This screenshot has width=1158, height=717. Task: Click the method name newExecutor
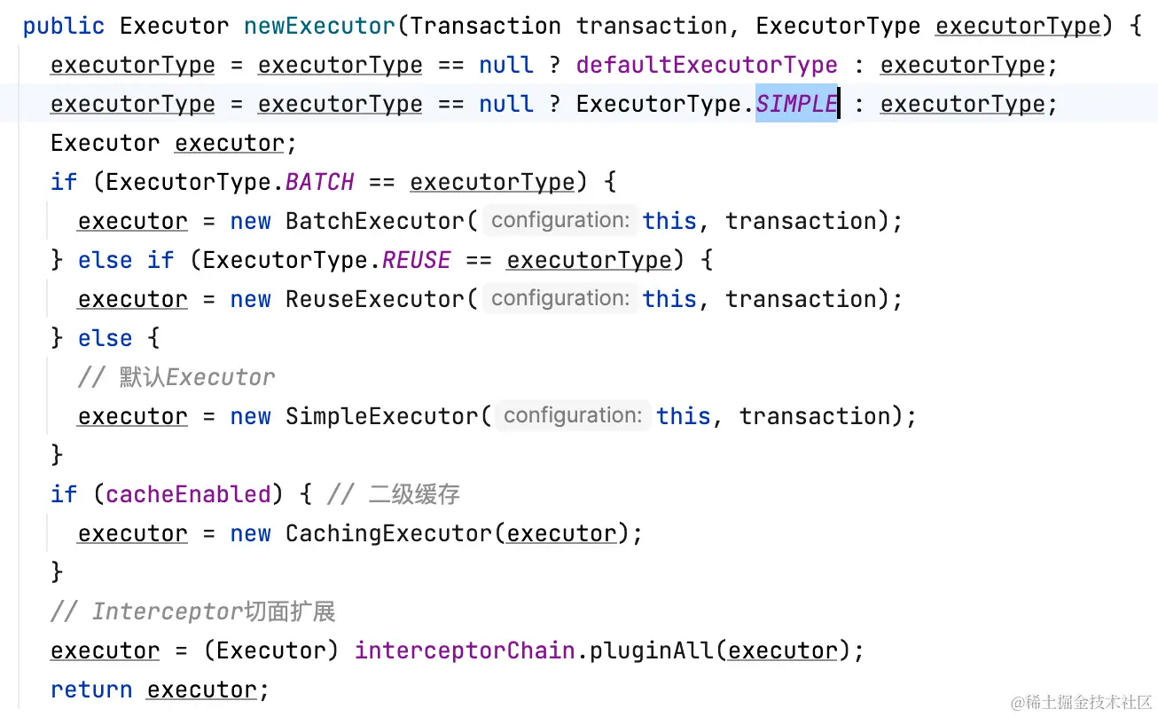click(x=319, y=26)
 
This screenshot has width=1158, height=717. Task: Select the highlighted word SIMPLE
click(x=796, y=104)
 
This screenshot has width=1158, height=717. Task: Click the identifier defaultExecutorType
click(x=707, y=65)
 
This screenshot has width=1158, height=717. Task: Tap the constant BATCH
click(x=319, y=182)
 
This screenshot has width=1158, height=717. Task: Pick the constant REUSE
click(x=416, y=260)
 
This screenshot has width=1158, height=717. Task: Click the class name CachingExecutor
click(x=388, y=533)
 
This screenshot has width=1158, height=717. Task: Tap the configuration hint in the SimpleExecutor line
click(x=572, y=415)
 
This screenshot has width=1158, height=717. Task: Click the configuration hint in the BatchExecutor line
click(x=560, y=220)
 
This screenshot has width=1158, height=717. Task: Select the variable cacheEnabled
click(x=188, y=494)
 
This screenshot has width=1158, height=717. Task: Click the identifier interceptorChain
click(x=465, y=650)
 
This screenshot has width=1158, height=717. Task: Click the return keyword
click(x=91, y=689)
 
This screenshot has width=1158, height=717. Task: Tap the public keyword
click(x=64, y=26)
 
